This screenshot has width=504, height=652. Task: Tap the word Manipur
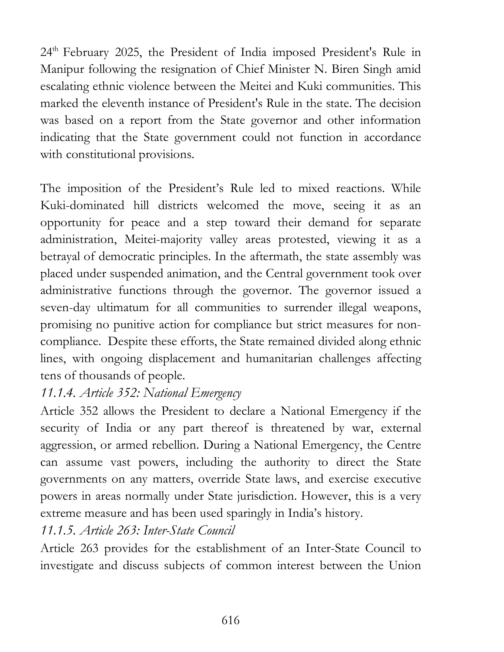tap(61, 70)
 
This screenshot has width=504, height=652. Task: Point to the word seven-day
tap(65, 308)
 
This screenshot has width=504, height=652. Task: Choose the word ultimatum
tap(123, 308)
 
